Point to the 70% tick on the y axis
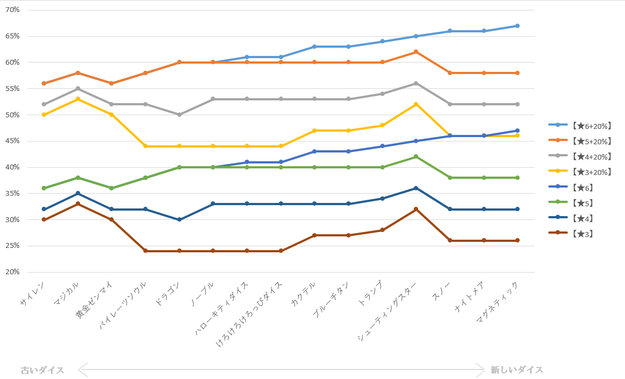12,10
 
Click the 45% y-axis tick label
12,141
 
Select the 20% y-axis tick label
12,272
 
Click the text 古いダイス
42,370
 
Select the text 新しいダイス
517,370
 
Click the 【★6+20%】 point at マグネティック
517,26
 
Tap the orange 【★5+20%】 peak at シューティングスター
416,52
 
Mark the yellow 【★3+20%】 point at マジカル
78,99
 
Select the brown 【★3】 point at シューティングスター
416,209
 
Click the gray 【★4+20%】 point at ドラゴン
179,115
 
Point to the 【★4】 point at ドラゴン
179,219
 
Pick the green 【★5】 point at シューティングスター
416,156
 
